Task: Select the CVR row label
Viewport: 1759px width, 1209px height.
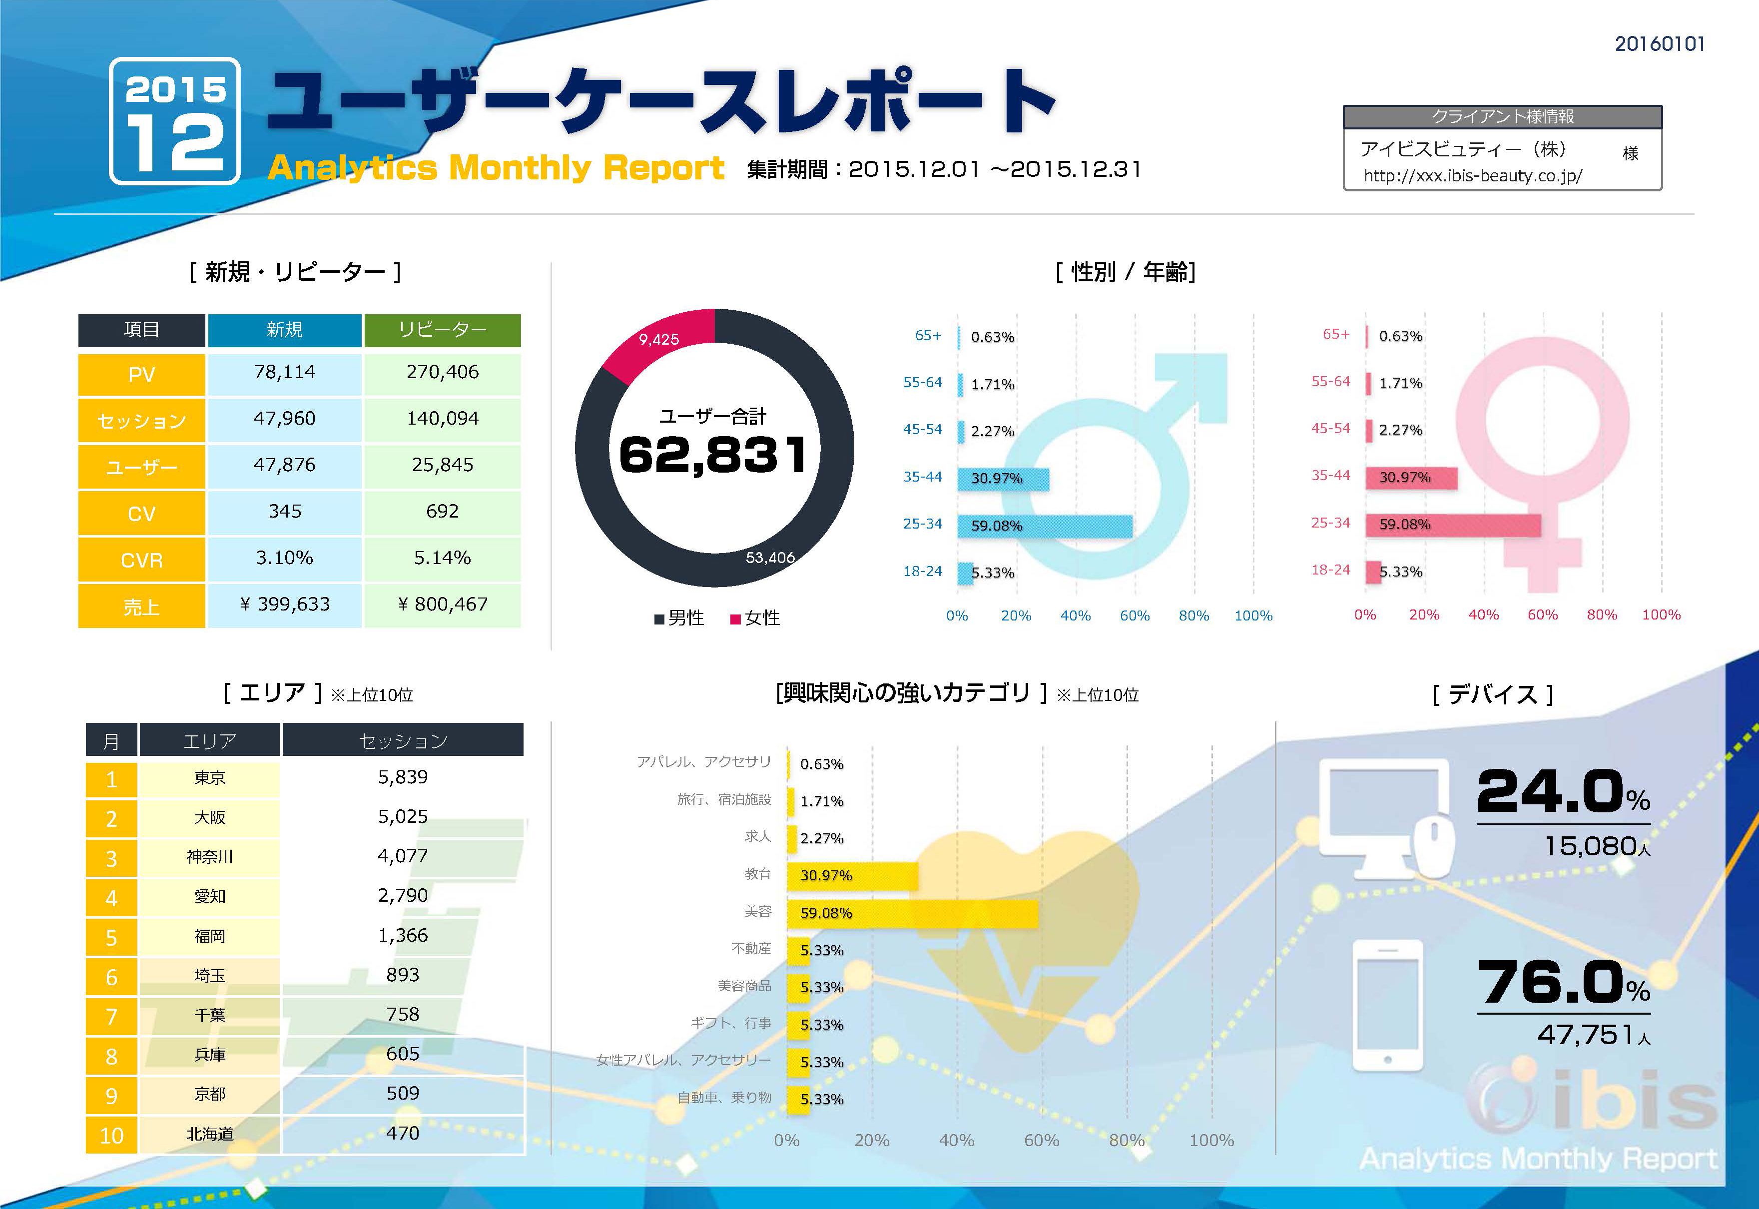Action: pyautogui.click(x=142, y=560)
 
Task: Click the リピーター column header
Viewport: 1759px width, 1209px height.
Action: pyautogui.click(x=443, y=330)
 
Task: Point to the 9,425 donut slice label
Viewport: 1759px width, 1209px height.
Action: pyautogui.click(x=658, y=339)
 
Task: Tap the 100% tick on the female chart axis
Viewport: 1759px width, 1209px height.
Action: pyautogui.click(x=1661, y=614)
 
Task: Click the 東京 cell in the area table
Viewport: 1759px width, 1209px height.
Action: pyautogui.click(x=210, y=778)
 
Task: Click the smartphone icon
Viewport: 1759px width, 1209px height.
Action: pyautogui.click(x=1387, y=1005)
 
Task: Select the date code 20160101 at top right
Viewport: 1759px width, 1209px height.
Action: pyautogui.click(x=1659, y=44)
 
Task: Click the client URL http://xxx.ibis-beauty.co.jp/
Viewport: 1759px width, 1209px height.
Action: pyautogui.click(x=1472, y=176)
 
